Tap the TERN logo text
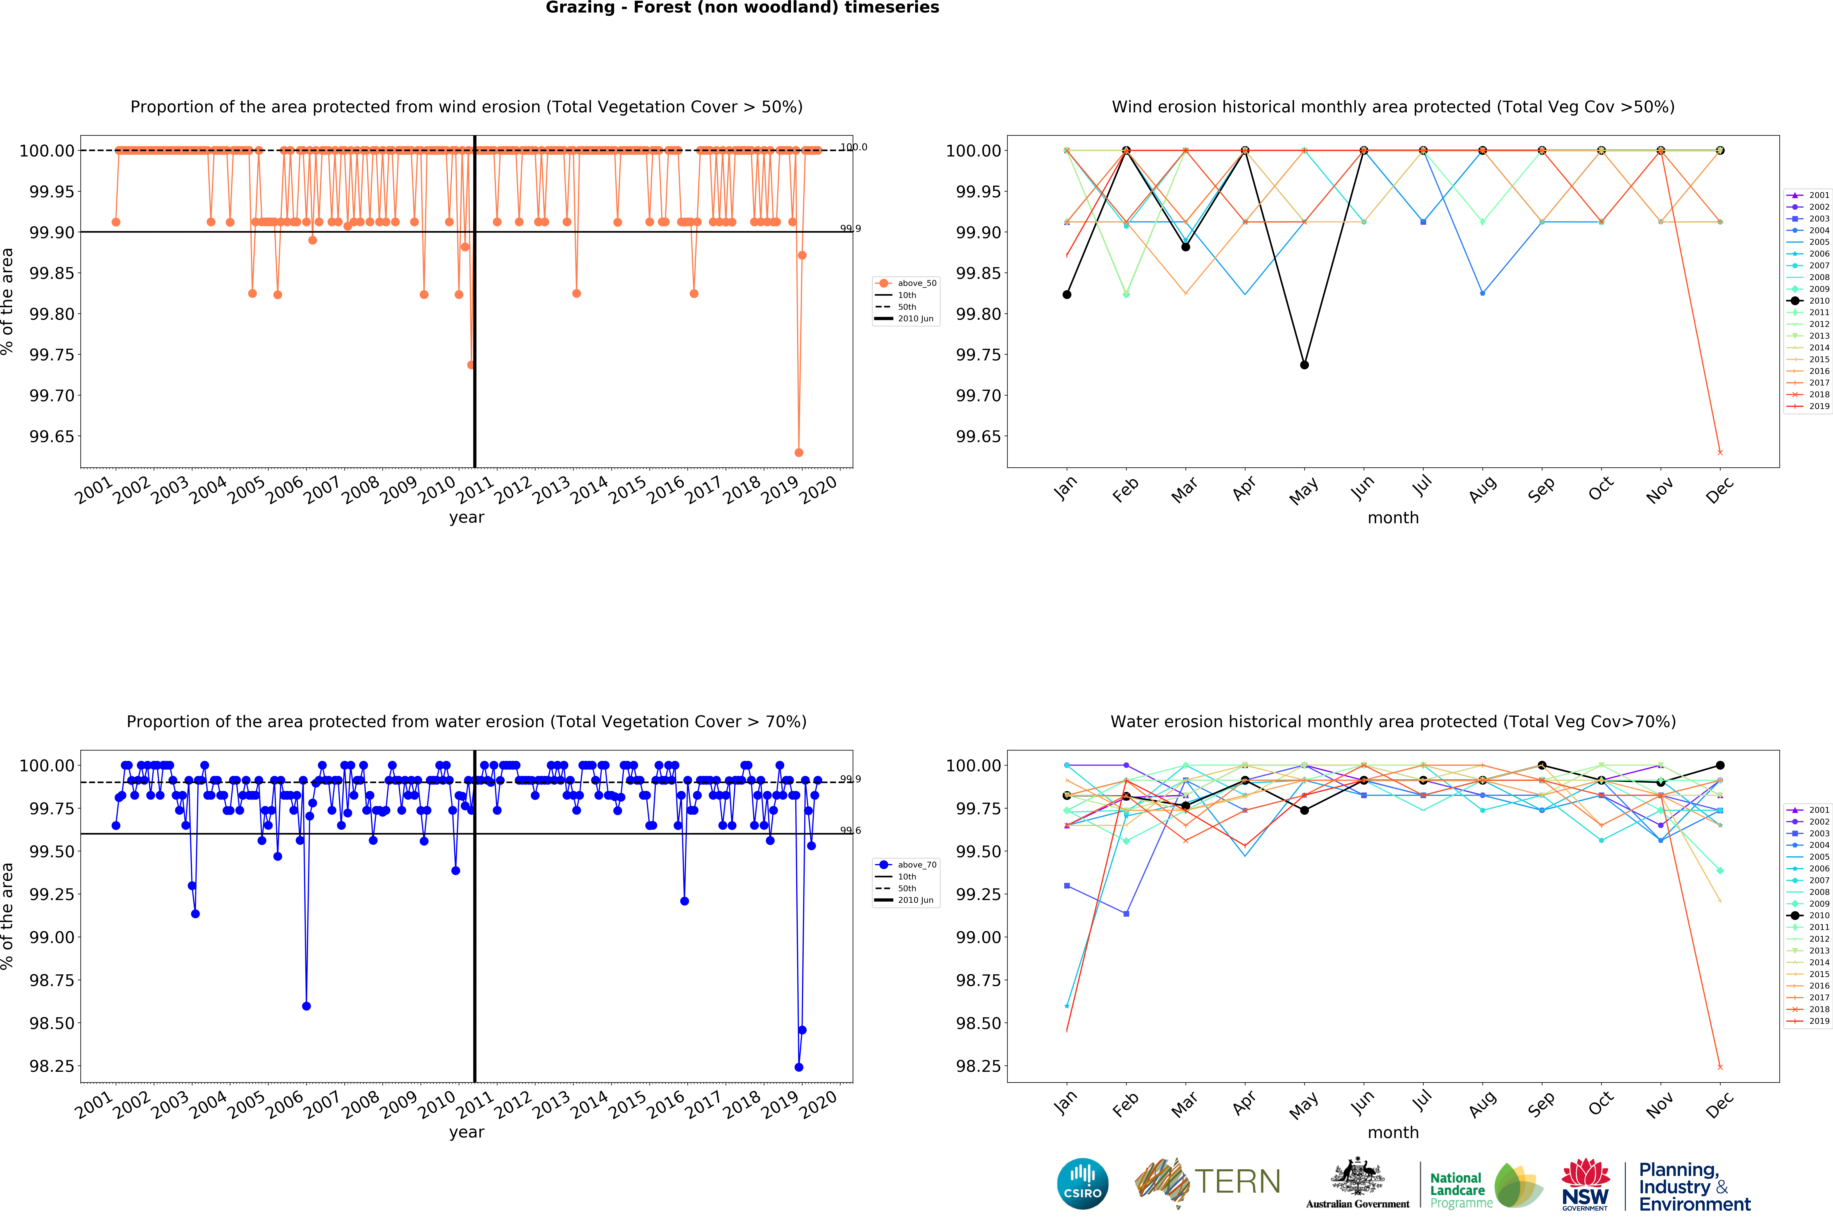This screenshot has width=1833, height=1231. point(1237,1181)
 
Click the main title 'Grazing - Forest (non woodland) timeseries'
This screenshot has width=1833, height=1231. point(742,8)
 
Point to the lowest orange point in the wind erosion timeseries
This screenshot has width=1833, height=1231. point(799,452)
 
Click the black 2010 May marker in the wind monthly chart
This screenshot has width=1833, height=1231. point(1304,364)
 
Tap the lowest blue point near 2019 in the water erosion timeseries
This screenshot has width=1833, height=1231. point(799,1067)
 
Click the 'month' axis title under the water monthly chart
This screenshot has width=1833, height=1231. point(1393,1132)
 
